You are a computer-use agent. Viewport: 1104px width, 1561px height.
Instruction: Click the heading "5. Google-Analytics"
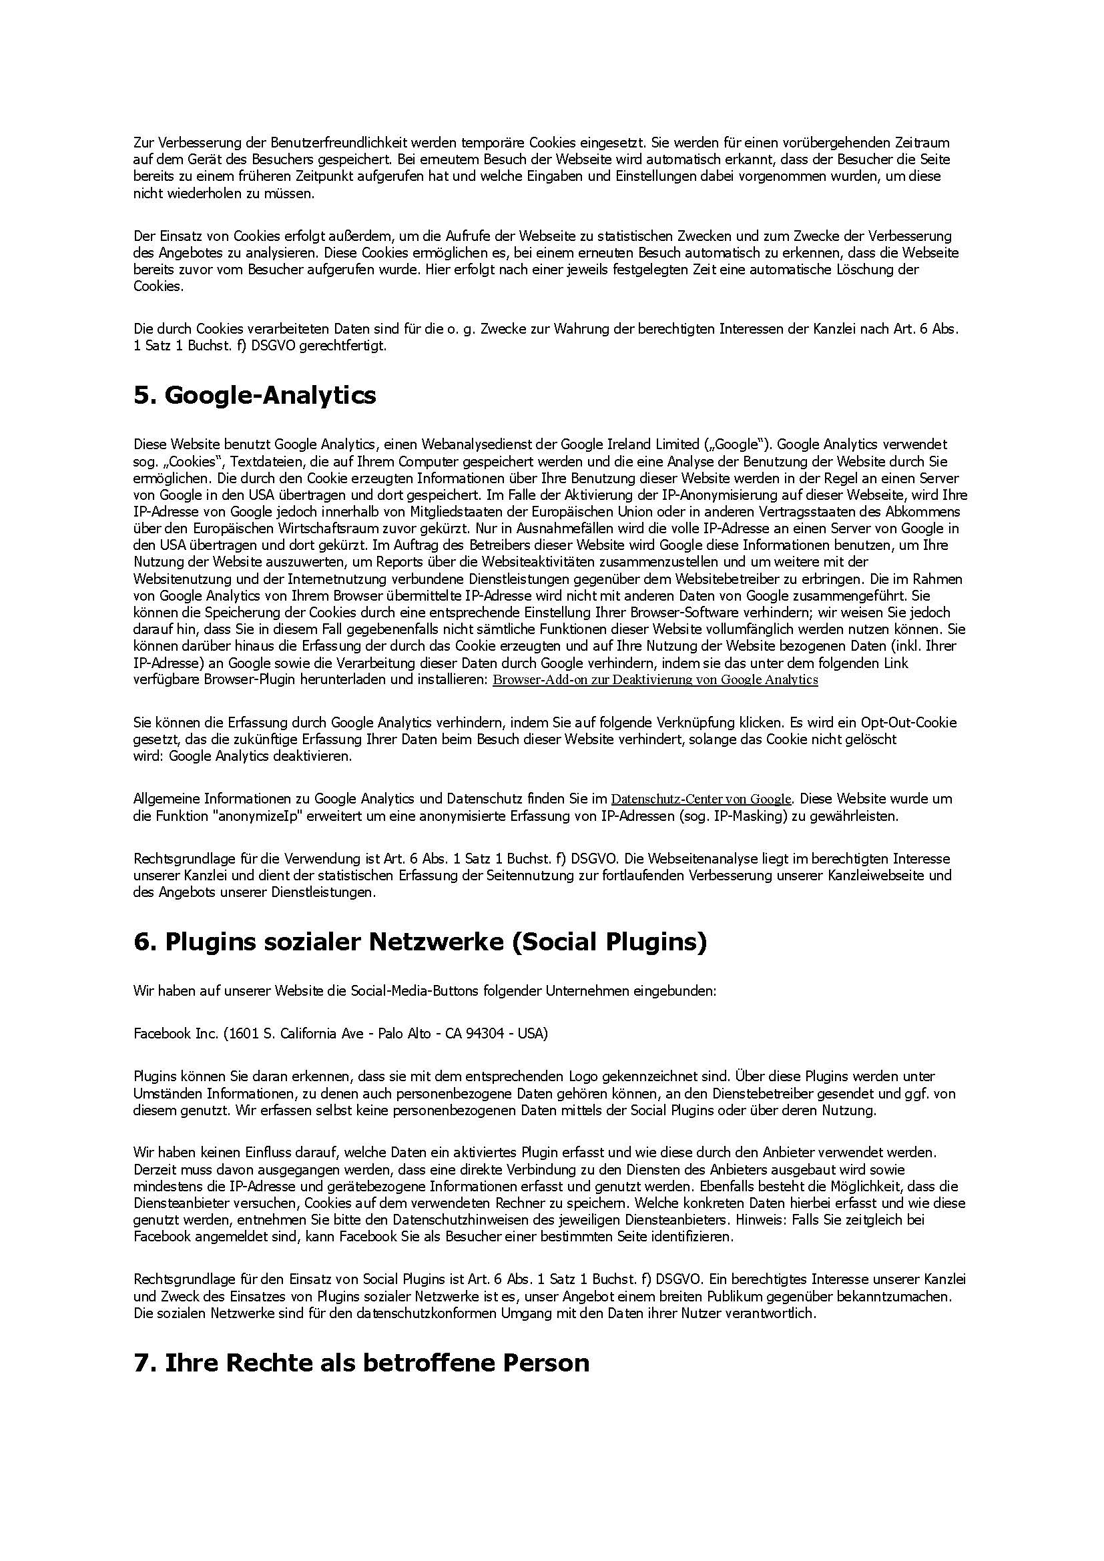(254, 395)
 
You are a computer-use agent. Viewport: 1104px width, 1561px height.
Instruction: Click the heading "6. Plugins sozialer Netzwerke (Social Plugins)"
(420, 942)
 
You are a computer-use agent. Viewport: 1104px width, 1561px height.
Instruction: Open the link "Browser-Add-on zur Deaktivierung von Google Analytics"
(655, 680)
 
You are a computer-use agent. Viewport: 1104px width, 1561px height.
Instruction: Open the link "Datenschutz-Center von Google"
(701, 799)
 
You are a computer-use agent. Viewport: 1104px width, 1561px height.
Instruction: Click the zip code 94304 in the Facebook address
(487, 1034)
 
